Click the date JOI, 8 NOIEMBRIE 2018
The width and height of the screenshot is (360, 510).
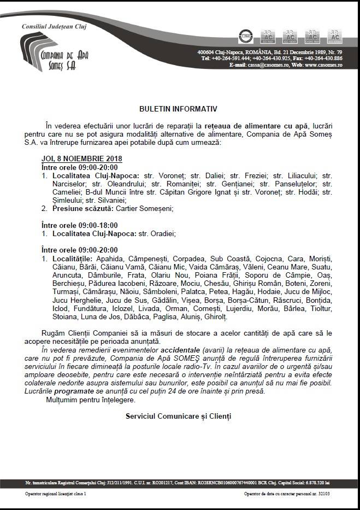[x=82, y=159]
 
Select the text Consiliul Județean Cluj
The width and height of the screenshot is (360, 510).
[x=54, y=26]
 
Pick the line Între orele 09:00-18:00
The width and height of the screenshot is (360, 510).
[x=80, y=225]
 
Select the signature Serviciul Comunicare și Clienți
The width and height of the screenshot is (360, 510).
[x=178, y=417]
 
